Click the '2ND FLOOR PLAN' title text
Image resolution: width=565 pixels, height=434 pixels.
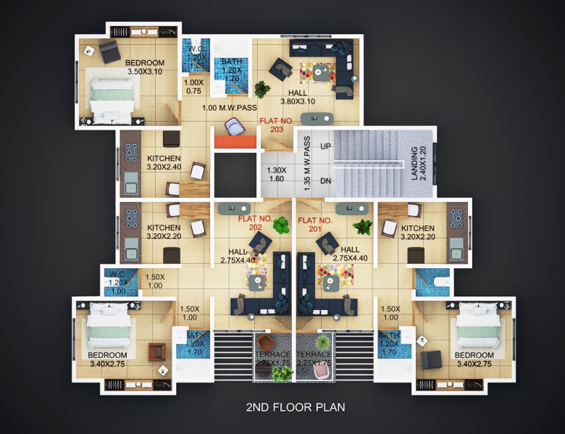[296, 407]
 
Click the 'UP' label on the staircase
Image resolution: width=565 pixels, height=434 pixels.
[325, 147]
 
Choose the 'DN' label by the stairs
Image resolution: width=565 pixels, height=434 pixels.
[325, 181]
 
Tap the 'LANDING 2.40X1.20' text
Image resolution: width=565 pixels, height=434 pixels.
[419, 163]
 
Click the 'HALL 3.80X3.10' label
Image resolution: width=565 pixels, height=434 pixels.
[297, 98]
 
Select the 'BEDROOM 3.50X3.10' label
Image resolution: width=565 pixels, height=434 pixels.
[144, 67]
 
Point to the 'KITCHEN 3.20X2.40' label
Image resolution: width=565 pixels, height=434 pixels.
[164, 163]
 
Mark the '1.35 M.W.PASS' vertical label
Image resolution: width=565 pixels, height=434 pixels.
[307, 163]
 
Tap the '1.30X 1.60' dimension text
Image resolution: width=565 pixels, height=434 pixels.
[277, 174]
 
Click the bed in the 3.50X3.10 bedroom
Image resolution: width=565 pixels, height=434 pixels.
[111, 95]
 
